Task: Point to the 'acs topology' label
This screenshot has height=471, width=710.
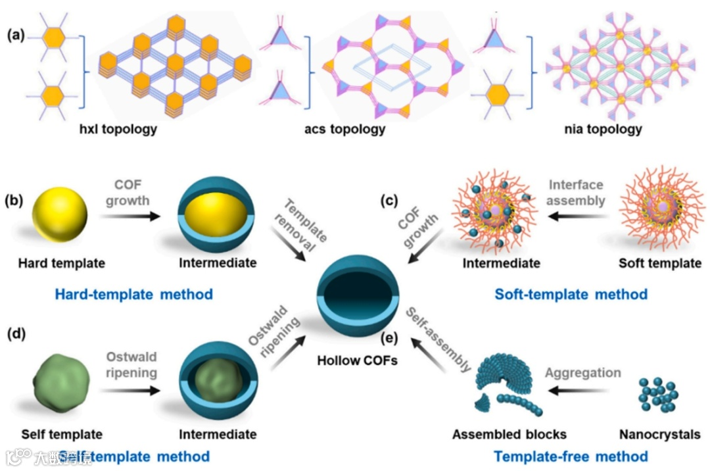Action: click(x=350, y=129)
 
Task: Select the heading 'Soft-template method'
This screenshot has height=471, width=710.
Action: click(x=571, y=294)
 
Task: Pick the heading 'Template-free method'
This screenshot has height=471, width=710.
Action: click(x=571, y=456)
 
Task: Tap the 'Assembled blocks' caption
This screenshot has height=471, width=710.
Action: click(x=509, y=435)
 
